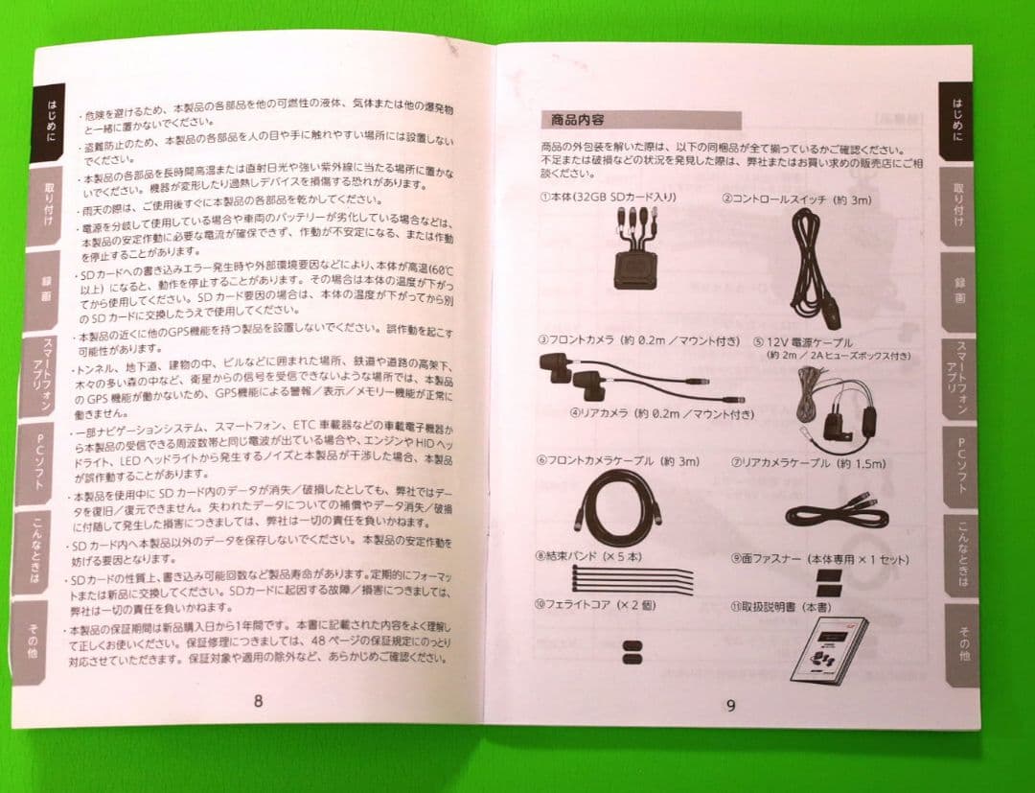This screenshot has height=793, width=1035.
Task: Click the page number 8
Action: click(x=258, y=700)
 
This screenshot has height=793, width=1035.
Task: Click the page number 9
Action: click(x=730, y=707)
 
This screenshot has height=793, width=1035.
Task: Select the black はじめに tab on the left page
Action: click(x=50, y=122)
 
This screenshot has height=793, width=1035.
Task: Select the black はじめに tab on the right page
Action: click(x=955, y=120)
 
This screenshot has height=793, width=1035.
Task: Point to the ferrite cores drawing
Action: click(x=632, y=651)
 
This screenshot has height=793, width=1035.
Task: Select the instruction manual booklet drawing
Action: click(x=830, y=649)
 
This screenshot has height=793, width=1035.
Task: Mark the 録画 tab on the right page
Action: click(x=958, y=291)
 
